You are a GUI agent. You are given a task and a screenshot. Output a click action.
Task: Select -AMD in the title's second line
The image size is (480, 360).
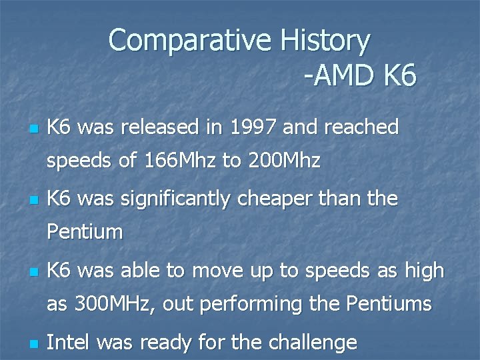click(x=340, y=77)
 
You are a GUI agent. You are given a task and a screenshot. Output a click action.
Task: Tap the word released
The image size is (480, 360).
click(x=156, y=127)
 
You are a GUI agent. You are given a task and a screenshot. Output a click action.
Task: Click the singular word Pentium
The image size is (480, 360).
click(x=85, y=233)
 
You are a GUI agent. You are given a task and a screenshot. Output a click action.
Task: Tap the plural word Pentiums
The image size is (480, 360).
click(x=389, y=305)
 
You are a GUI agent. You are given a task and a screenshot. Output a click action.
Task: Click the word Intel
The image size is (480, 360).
click(x=69, y=343)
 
